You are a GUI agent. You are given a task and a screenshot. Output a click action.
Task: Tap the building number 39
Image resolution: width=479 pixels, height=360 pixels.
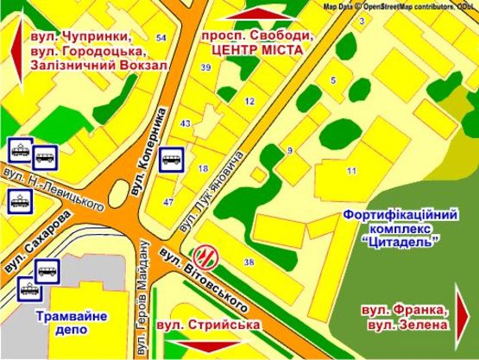pos(205,66)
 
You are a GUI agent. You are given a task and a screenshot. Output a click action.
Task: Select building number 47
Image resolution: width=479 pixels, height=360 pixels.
pos(169,201)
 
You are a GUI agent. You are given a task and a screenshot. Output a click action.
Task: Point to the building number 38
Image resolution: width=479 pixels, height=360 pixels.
pos(249,262)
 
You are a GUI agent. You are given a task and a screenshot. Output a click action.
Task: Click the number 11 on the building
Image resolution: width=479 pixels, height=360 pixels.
pos(351,171)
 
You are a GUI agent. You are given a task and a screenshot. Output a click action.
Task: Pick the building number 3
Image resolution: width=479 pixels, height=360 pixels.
pos(362,20)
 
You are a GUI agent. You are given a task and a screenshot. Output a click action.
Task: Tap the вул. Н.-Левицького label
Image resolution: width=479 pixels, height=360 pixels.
pos(58,191)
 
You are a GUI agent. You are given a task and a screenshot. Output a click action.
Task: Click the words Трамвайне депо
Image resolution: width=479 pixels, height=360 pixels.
pos(72,323)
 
